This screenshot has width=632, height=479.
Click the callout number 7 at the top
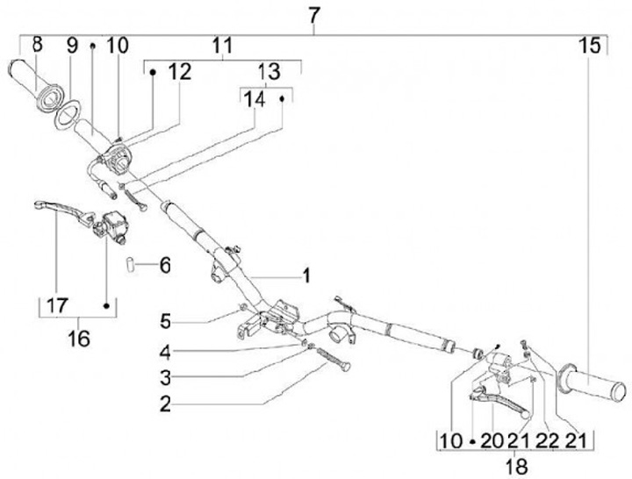pos(315,15)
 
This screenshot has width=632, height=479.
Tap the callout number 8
pos(37,44)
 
